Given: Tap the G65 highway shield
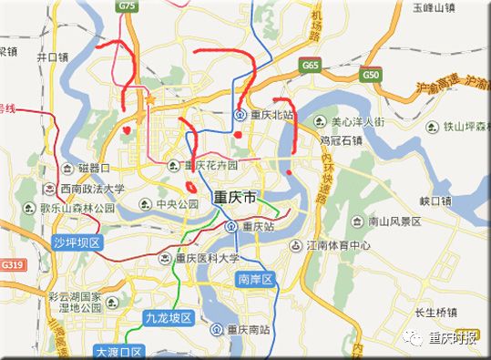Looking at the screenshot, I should (312, 66).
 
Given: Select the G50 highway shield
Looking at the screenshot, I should (370, 75).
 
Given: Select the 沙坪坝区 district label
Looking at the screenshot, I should (75, 242).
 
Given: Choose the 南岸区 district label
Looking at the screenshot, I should (255, 279).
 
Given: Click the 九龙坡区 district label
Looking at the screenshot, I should (168, 318).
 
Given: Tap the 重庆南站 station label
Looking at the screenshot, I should (249, 329).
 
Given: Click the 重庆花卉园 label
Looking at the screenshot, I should (211, 166).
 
